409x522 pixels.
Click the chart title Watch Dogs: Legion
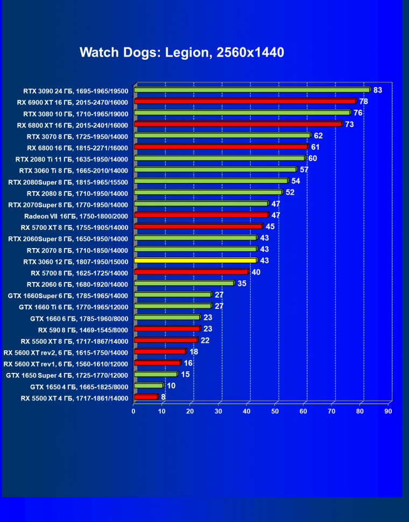pyautogui.click(x=182, y=52)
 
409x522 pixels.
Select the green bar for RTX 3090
pyautogui.click(x=252, y=90)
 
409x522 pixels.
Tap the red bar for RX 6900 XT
pyautogui.click(x=245, y=101)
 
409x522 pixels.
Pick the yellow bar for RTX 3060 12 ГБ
pyautogui.click(x=195, y=260)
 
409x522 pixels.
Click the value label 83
pyautogui.click(x=378, y=90)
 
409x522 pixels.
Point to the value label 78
pyautogui.click(x=364, y=101)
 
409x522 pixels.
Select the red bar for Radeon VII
pyautogui.click(x=201, y=215)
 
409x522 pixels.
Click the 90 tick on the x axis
pyautogui.click(x=389, y=411)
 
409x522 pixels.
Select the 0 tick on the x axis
pyautogui.click(x=134, y=411)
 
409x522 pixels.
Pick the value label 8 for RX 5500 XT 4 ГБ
pyautogui.click(x=163, y=397)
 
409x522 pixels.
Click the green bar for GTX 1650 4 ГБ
pyautogui.click(x=149, y=386)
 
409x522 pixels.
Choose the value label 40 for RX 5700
pyautogui.click(x=256, y=272)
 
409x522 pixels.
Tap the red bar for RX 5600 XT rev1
pyautogui.click(x=157, y=363)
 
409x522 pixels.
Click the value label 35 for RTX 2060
pyautogui.click(x=242, y=284)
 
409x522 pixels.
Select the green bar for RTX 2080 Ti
pyautogui.click(x=220, y=158)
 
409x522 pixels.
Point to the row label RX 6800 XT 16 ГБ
pyautogui.click(x=73, y=124)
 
